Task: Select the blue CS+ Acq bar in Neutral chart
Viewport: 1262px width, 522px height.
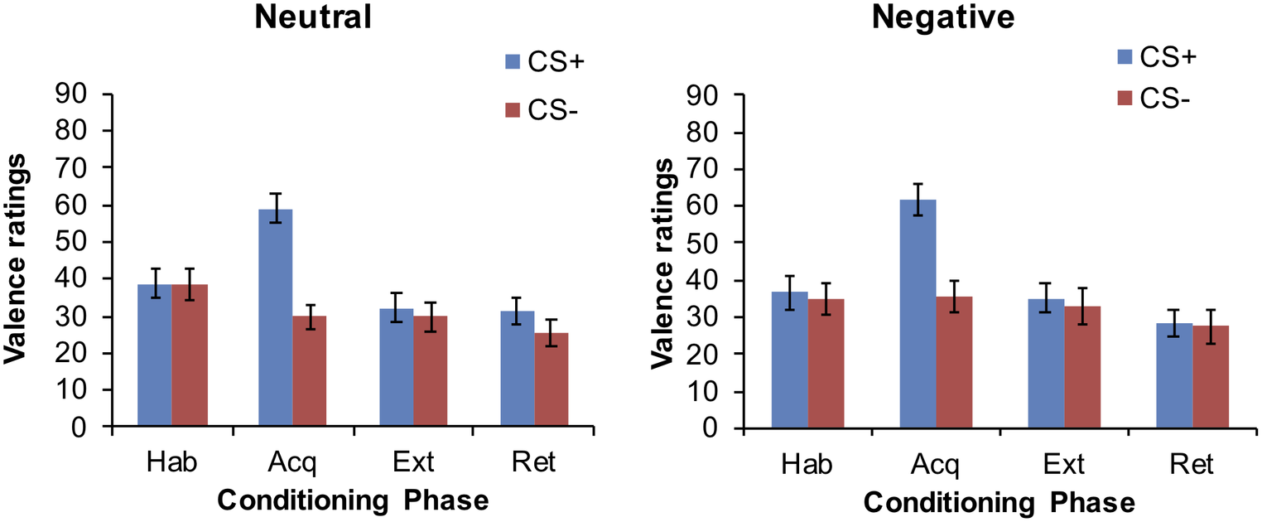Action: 275,318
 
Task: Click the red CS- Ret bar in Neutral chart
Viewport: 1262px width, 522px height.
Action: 552,379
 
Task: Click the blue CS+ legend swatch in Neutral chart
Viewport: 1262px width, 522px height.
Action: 512,61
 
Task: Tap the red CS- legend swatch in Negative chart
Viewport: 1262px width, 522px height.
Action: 1125,98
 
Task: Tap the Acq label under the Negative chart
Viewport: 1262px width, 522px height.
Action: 937,464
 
